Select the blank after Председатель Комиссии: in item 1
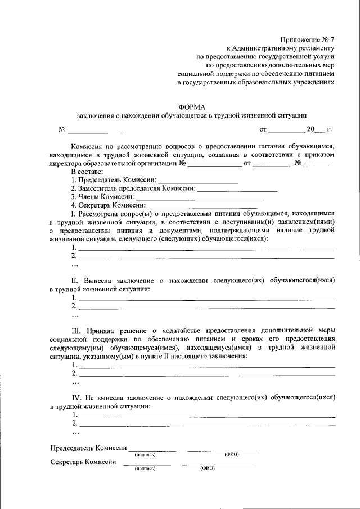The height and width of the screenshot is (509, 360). pos(198,181)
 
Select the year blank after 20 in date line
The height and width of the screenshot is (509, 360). pos(321,130)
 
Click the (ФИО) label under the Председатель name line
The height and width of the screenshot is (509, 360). pos(231,454)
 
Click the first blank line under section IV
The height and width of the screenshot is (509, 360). pos(206,415)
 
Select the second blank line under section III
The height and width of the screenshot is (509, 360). pos(206,373)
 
